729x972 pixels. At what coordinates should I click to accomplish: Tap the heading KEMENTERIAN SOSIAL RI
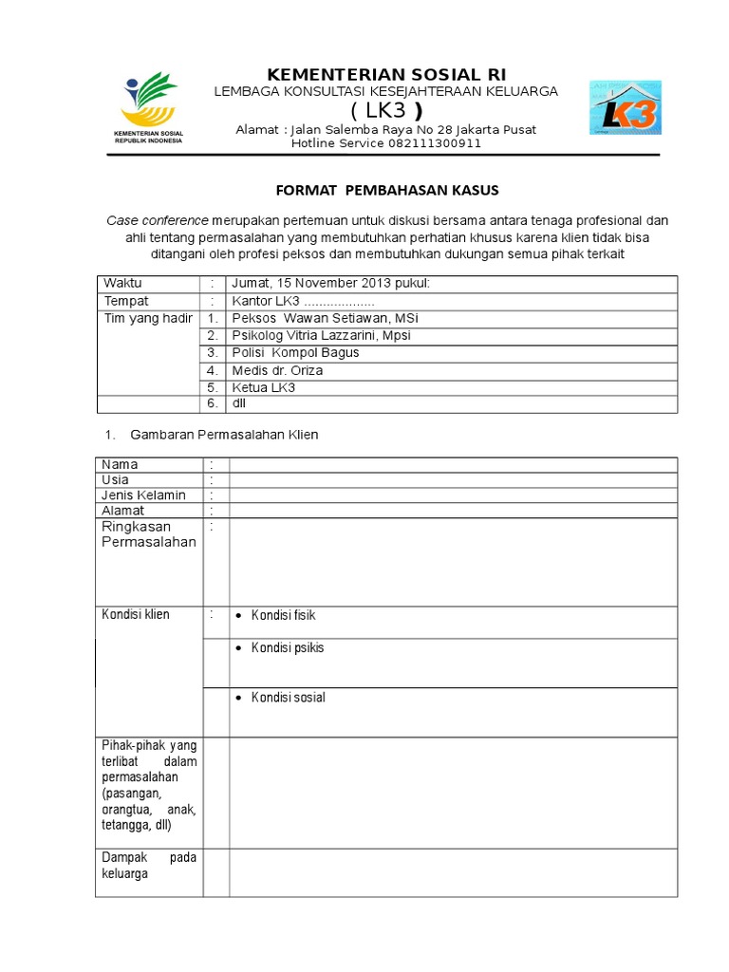point(386,75)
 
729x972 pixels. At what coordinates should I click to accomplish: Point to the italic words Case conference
point(156,220)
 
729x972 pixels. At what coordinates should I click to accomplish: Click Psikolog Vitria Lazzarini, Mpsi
point(322,336)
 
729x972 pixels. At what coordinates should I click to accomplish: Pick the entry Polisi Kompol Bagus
point(296,353)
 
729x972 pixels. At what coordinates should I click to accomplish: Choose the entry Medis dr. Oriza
point(277,370)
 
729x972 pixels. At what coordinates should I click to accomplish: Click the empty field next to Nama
point(453,464)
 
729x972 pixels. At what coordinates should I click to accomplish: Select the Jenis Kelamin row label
point(144,495)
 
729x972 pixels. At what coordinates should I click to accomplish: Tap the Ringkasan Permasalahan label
point(148,534)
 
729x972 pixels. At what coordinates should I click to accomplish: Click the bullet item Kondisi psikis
point(288,648)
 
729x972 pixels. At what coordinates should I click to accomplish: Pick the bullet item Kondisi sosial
point(288,698)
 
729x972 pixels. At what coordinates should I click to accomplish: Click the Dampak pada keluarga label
point(149,865)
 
